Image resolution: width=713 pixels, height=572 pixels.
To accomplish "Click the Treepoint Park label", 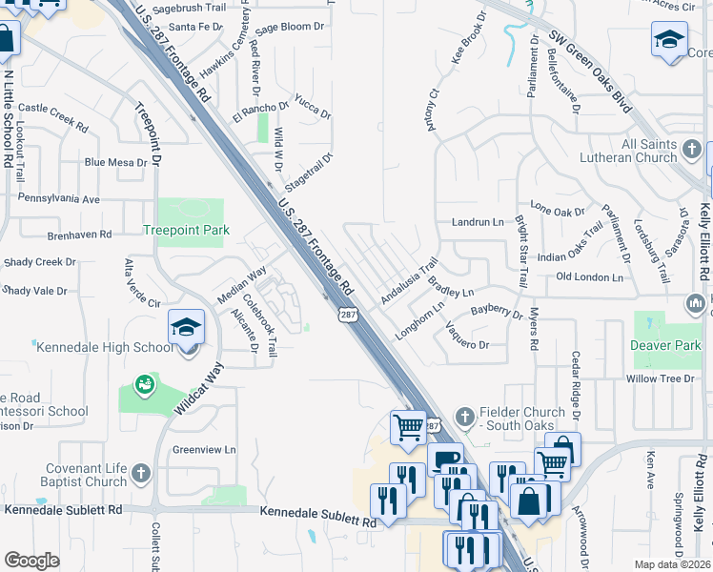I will point(186,230).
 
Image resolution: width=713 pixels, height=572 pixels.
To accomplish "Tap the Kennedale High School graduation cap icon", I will point(186,328).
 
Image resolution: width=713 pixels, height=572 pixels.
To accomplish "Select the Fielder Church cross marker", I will point(464,417).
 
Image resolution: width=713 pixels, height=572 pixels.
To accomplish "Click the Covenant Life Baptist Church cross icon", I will point(140,473).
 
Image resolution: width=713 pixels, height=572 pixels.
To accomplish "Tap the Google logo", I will point(32,561).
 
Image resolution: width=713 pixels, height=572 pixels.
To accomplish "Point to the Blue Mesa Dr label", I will point(115,163).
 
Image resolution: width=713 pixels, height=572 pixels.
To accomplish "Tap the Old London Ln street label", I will point(589,277).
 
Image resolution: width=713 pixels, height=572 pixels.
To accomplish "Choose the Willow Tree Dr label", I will point(660,378).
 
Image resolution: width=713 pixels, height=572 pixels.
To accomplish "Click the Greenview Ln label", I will point(203,449).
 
